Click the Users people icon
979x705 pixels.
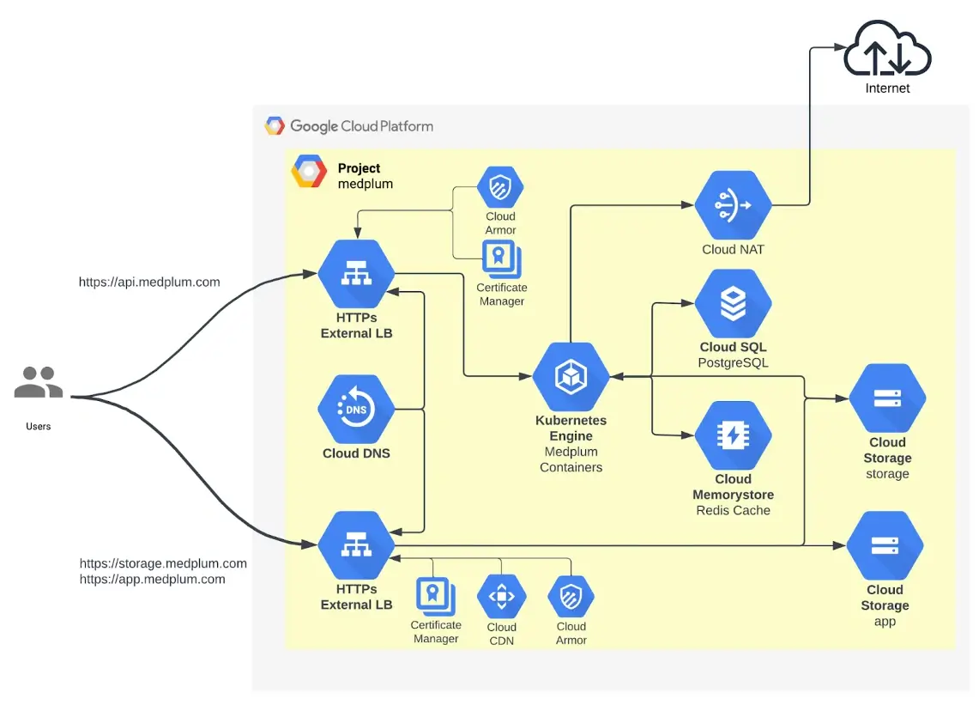pos(39,382)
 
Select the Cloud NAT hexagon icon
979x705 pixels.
pos(733,205)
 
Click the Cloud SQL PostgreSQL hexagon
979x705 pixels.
pos(733,304)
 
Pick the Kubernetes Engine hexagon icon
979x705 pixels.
pos(571,376)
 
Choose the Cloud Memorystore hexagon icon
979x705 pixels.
pos(733,435)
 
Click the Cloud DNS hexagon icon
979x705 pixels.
pos(356,410)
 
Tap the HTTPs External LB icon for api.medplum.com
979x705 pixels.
pos(356,274)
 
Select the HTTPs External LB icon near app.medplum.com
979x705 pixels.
pos(356,545)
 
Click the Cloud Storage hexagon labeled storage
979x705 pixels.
pos(887,398)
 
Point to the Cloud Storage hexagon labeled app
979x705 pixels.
pos(885,545)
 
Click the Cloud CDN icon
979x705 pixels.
pos(501,597)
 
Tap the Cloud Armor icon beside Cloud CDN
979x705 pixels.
pos(571,597)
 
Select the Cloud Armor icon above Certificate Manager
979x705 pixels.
pos(500,188)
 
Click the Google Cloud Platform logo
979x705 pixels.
pos(275,126)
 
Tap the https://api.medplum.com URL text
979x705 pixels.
pos(149,282)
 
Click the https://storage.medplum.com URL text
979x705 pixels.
pos(163,563)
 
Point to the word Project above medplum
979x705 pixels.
pos(359,168)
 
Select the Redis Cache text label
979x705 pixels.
pos(733,510)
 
